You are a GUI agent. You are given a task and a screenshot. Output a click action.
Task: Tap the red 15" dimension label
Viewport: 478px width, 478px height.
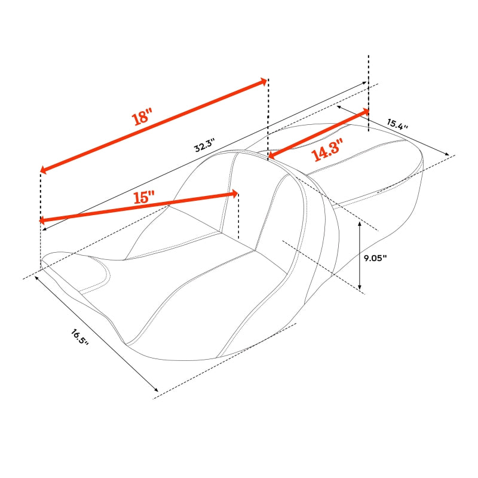[x=144, y=197]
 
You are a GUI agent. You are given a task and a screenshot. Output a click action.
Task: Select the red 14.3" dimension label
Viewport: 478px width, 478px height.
[x=327, y=150]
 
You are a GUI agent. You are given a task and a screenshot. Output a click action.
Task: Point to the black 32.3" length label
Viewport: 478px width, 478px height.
[x=204, y=145]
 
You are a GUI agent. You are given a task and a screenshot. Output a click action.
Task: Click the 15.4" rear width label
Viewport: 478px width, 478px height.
[x=397, y=124]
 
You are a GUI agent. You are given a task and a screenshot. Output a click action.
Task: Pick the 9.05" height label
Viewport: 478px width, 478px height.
[x=375, y=258]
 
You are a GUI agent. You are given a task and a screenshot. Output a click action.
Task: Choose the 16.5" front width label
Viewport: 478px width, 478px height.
[x=79, y=337]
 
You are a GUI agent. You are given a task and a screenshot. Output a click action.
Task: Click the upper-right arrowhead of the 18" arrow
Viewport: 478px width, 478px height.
[x=263, y=81]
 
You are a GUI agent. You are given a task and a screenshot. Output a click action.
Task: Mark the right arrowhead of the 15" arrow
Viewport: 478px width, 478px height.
[x=235, y=194]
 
